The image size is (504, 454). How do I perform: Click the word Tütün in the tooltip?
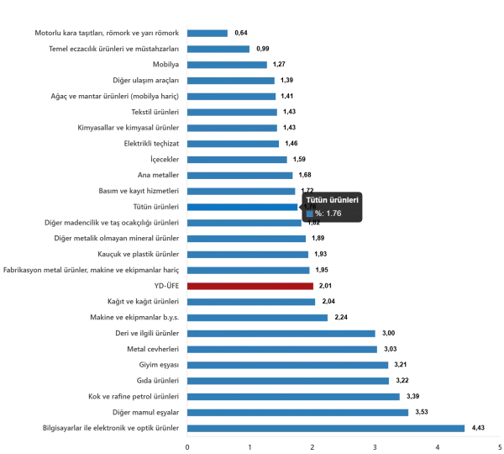pos(315,199)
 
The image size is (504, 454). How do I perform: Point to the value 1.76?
pos(333,214)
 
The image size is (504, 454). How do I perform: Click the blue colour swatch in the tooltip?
pos(309,214)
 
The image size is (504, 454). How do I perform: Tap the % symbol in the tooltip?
pos(318,214)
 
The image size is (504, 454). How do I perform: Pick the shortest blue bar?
pos(207,33)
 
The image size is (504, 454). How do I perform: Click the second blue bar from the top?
pos(220,48)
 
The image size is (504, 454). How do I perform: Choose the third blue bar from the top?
pos(228,66)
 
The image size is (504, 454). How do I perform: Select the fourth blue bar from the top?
pos(231,80)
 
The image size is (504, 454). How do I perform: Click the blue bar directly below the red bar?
pos(250,302)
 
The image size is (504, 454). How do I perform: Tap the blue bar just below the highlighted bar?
pos(244,223)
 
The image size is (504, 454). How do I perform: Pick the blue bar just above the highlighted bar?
pos(241,190)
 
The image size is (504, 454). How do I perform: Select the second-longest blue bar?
pos(298,411)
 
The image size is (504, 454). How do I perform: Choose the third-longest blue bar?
pos(295,396)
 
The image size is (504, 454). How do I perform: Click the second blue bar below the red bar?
pos(258,317)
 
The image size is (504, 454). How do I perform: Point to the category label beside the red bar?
pos(160,288)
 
